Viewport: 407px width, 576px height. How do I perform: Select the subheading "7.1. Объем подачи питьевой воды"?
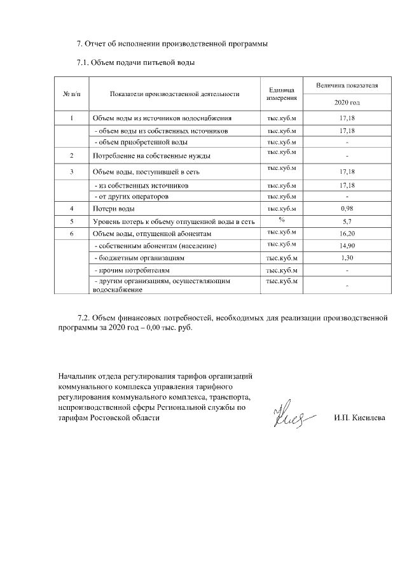135,63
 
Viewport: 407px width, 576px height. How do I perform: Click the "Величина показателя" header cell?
347,85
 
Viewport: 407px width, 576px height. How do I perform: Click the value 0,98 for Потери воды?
347,209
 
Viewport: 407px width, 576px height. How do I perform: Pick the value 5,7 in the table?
347,221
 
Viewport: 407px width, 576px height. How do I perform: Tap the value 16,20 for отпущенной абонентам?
347,234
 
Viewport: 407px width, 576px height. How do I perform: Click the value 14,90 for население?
347,246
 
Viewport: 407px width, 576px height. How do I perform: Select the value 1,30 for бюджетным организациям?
347,258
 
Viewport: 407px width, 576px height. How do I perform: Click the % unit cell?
281,220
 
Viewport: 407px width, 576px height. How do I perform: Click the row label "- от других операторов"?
131,197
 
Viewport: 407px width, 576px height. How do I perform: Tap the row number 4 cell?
71,209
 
